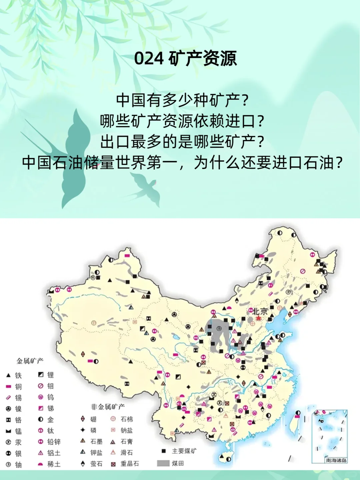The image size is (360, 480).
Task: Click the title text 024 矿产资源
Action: (x=185, y=58)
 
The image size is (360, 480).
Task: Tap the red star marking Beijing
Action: (x=259, y=318)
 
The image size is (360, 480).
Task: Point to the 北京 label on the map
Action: (x=260, y=311)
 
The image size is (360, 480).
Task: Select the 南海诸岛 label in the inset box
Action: (x=336, y=460)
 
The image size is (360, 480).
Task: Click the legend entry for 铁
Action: (x=14, y=375)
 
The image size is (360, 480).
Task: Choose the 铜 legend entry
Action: (x=14, y=387)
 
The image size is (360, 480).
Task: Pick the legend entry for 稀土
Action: (x=49, y=464)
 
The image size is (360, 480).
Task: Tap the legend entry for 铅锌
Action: (x=49, y=442)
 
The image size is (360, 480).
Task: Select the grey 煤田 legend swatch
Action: (x=163, y=463)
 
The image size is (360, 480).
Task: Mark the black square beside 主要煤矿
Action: (x=164, y=451)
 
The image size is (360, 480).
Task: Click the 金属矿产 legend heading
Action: (x=30, y=361)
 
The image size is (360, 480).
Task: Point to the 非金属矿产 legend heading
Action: (x=108, y=407)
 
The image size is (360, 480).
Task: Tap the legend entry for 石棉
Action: (x=122, y=419)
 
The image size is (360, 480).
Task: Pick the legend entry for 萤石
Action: (x=92, y=464)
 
